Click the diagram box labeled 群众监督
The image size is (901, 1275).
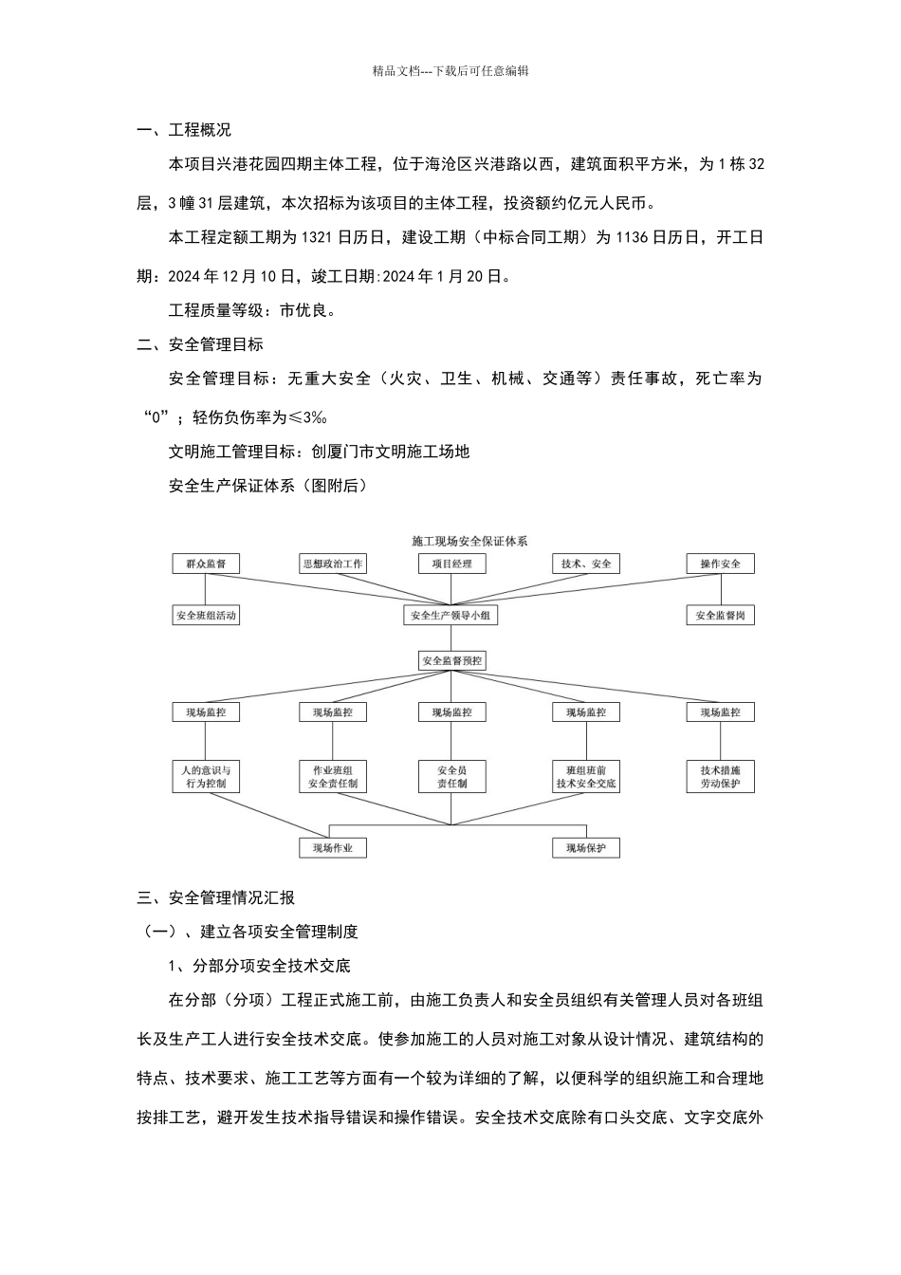pos(206,564)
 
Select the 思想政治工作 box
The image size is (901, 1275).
pos(332,564)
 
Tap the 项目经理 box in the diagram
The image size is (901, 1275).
pos(451,564)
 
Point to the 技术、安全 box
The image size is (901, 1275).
pos(586,564)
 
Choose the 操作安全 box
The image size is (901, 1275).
pos(720,564)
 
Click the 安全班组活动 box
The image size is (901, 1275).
pos(206,616)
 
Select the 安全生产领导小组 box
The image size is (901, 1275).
pos(451,616)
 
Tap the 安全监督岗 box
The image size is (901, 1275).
pos(720,616)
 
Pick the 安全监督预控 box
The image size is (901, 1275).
pos(451,660)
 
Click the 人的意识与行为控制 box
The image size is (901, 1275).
pos(206,777)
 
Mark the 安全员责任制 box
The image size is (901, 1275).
pos(451,777)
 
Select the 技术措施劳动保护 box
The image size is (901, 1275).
pos(720,777)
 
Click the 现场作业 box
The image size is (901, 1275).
pos(332,848)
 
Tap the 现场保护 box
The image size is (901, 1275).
pos(586,848)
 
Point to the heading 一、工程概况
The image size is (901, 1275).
pos(184,130)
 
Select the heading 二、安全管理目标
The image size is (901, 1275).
pos(200,344)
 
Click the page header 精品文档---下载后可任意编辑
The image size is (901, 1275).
pos(450,70)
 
